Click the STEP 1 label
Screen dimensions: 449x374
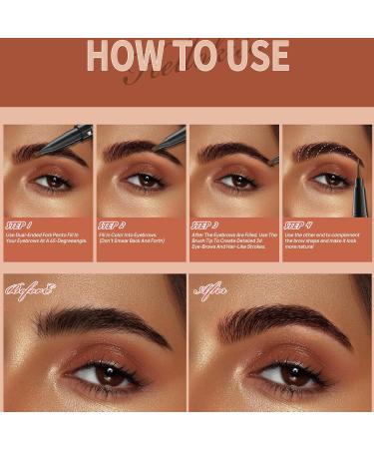point(20,224)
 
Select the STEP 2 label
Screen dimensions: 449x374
point(112,224)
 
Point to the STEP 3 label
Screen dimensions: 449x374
point(205,224)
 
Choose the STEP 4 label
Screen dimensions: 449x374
point(298,224)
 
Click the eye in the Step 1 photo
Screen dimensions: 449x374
point(50,183)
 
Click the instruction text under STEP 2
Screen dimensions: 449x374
point(140,242)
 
